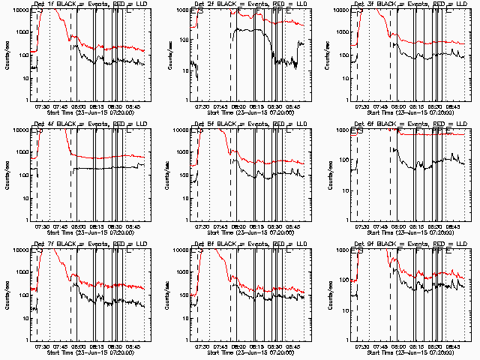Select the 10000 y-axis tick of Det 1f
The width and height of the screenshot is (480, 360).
16,10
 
